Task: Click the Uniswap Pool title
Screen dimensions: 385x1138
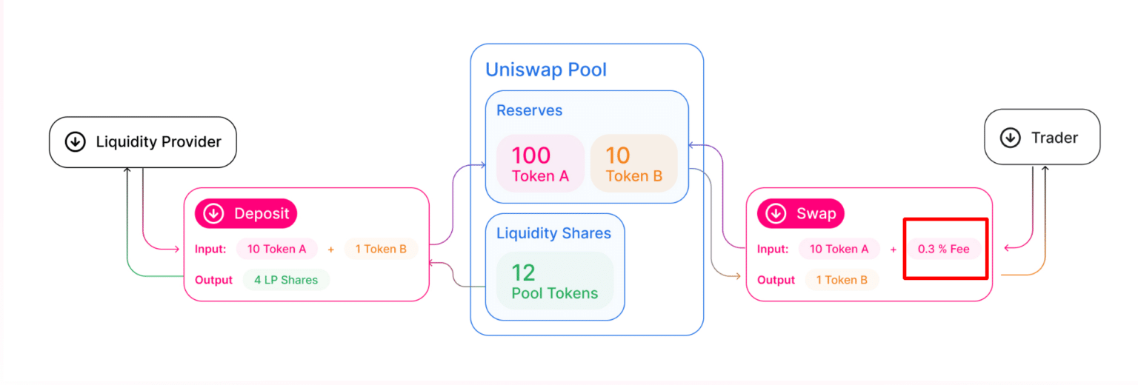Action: pos(545,70)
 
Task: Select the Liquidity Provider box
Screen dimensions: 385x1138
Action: pos(142,142)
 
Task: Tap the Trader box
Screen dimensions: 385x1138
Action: pos(1042,137)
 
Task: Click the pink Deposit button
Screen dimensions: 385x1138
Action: pos(246,214)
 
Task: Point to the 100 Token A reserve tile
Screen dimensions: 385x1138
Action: pos(540,164)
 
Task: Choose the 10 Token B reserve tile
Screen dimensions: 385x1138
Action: pos(633,164)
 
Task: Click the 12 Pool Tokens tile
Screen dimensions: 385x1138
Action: pos(555,281)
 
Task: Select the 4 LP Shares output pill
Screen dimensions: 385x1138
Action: pos(286,280)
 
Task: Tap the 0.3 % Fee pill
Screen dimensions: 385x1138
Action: pos(943,249)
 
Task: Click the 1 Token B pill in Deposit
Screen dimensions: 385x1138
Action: pos(381,249)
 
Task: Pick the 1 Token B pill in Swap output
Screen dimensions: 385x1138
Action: pos(842,280)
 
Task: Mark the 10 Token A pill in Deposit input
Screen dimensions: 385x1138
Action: pos(276,249)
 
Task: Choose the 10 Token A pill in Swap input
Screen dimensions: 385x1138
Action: pos(839,249)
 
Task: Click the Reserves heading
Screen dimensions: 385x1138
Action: pos(529,111)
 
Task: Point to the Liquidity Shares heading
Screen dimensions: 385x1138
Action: pos(553,233)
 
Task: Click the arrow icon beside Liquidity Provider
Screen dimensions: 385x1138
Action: pos(75,142)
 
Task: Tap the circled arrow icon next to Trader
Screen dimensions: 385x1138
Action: pos(1010,137)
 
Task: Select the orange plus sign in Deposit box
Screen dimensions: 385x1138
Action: pos(330,250)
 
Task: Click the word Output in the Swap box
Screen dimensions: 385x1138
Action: pos(776,280)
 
